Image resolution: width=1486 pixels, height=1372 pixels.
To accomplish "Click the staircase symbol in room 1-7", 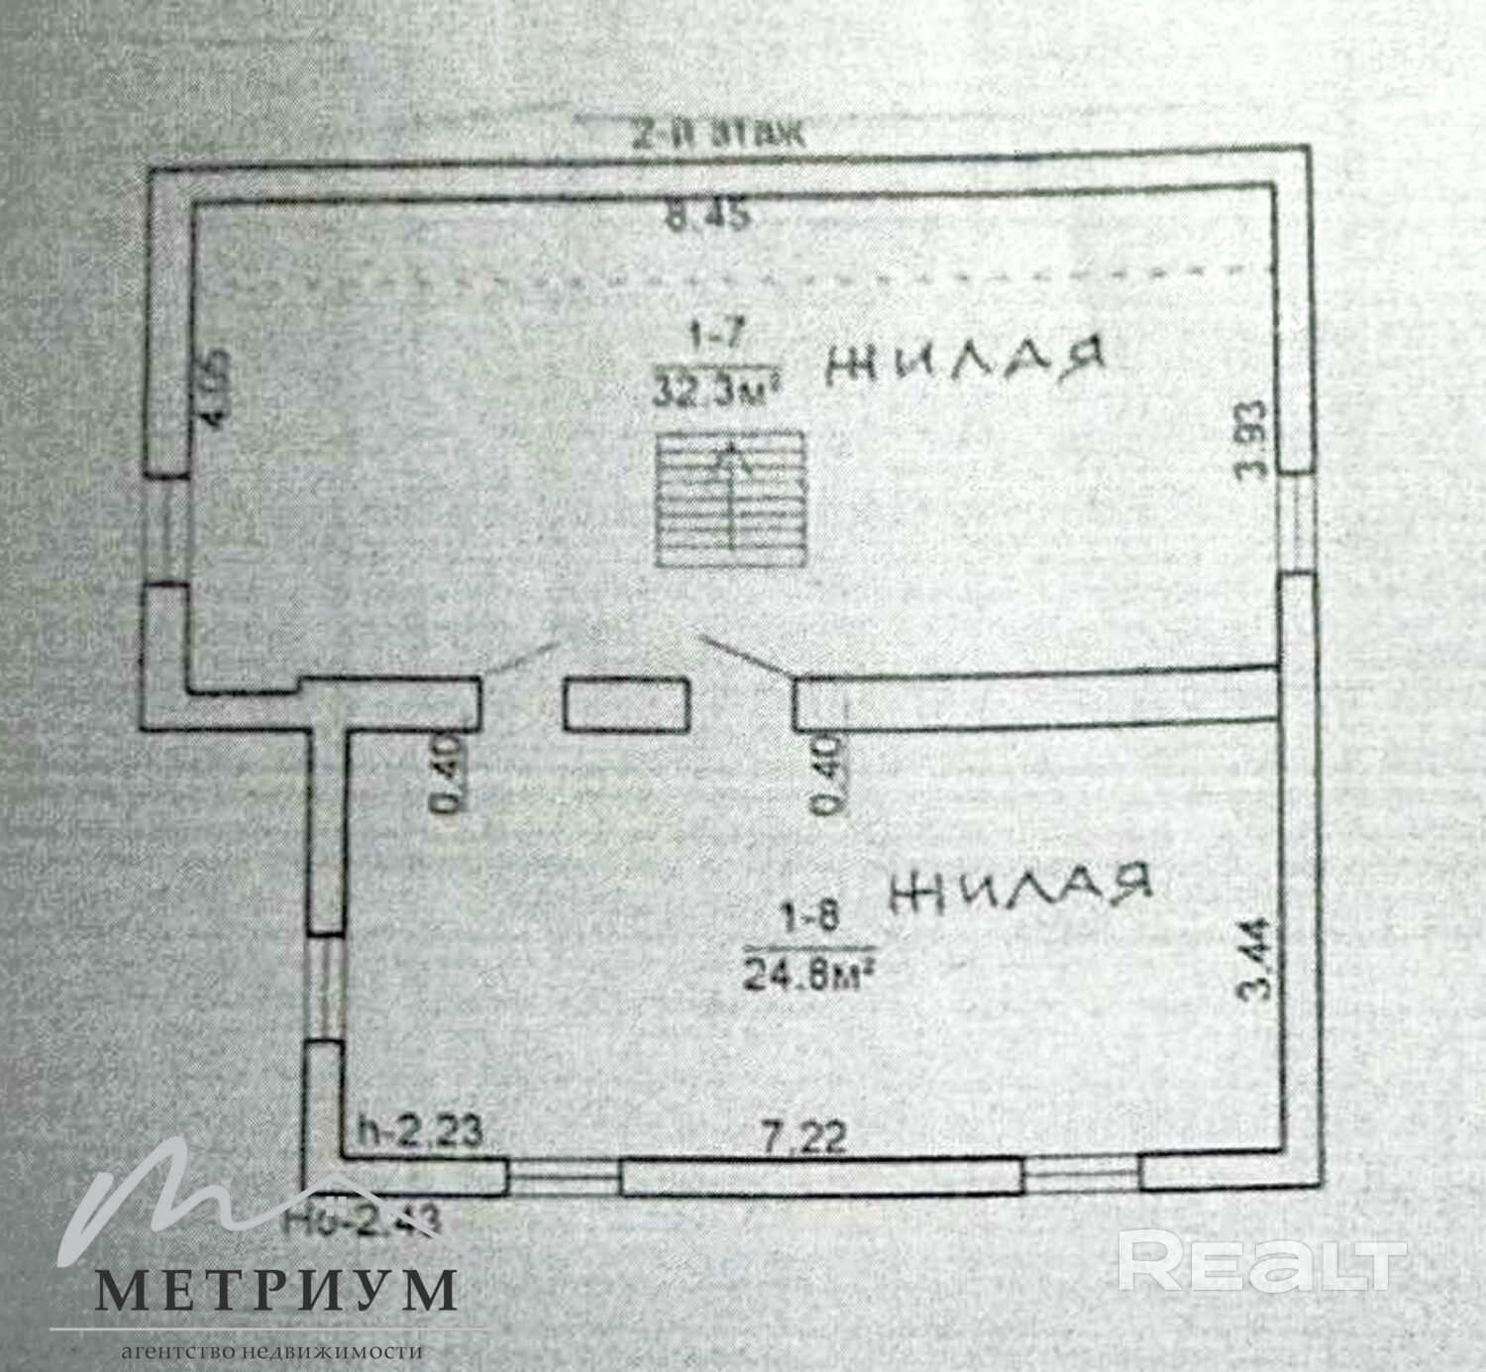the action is tap(728, 497).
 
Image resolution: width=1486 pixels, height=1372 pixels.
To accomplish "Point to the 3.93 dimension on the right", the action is tap(1254, 440).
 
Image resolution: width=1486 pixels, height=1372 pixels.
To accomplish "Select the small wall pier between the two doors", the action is tap(626, 705).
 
